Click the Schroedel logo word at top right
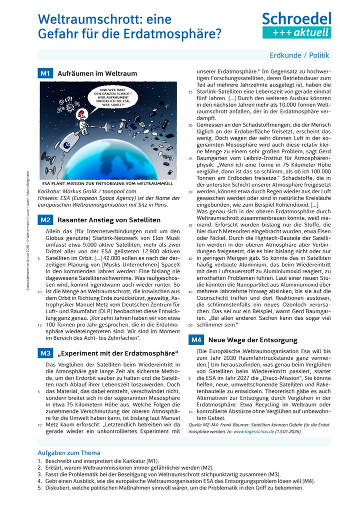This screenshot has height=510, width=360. [x=296, y=19]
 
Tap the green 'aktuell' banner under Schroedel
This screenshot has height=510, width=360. [x=296, y=33]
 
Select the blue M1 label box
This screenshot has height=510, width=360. [x=45, y=73]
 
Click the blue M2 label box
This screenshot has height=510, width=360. [x=45, y=220]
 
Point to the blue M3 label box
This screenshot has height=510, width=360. [x=45, y=353]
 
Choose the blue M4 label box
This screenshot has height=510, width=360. [x=195, y=340]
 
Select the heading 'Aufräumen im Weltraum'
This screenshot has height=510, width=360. [x=97, y=74]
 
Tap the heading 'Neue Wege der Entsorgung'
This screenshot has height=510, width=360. [x=245, y=340]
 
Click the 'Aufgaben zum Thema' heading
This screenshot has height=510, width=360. [x=69, y=453]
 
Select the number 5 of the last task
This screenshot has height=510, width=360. [x=39, y=487]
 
